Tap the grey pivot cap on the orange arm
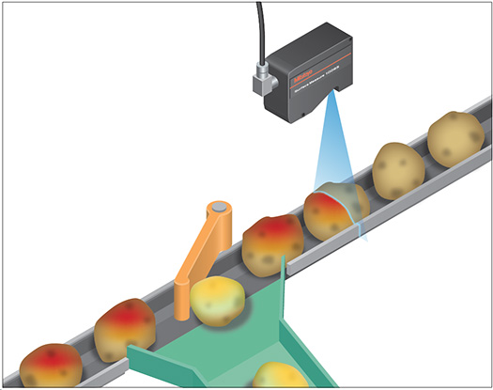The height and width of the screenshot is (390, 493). [219, 206]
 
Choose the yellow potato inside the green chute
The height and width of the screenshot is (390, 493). [280, 375]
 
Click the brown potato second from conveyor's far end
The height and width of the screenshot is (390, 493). [399, 169]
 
